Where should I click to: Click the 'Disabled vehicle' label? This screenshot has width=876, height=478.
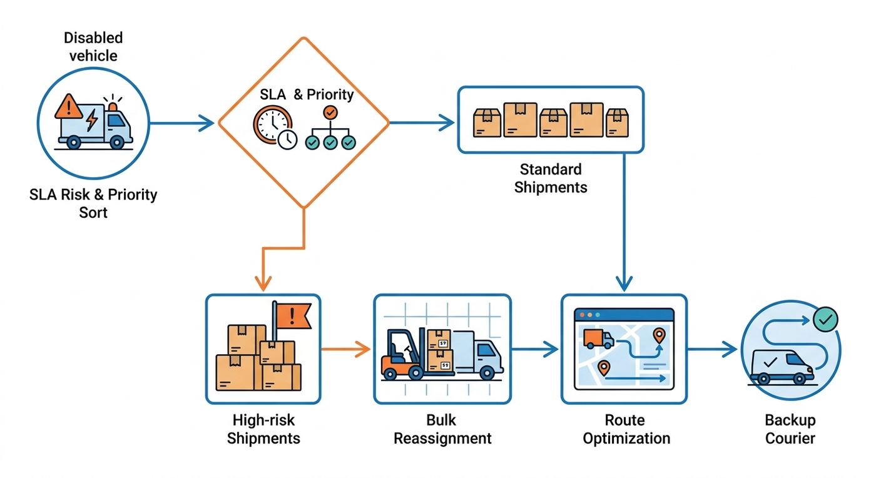(93, 46)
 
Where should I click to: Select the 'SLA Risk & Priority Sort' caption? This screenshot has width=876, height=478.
(93, 203)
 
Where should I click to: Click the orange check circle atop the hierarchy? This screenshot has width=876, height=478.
(330, 113)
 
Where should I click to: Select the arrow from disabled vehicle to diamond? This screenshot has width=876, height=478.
(182, 123)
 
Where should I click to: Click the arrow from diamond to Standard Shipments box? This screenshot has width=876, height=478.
(422, 123)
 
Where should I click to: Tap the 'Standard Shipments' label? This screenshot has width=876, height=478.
(551, 178)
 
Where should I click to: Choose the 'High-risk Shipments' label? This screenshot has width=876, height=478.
(263, 429)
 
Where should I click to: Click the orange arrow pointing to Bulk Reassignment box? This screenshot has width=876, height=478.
(345, 349)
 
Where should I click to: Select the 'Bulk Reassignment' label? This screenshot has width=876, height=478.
(442, 429)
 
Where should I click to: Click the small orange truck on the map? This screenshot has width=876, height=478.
(598, 338)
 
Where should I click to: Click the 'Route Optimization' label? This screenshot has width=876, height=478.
(626, 429)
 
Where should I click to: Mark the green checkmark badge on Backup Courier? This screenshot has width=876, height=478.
(825, 320)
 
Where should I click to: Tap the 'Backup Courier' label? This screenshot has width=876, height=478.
(790, 429)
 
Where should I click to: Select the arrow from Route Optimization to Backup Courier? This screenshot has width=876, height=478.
(712, 349)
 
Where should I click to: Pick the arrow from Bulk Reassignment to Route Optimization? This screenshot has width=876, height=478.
(535, 349)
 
